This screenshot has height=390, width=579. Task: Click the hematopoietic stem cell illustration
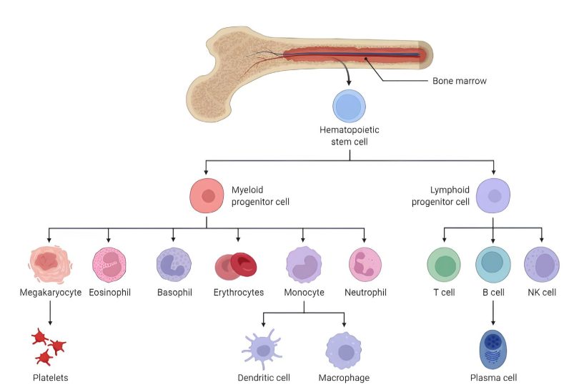click(x=349, y=107)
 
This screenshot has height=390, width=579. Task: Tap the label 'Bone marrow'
click(x=459, y=81)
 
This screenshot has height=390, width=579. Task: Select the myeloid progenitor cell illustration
click(x=207, y=195)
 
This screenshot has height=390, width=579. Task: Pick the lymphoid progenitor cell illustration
click(x=493, y=195)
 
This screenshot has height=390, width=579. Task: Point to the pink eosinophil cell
click(x=109, y=264)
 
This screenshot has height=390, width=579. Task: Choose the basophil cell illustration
click(x=174, y=264)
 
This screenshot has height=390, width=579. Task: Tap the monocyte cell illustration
click(x=304, y=263)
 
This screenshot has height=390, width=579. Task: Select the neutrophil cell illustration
click(x=365, y=264)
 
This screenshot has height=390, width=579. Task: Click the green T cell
click(x=445, y=264)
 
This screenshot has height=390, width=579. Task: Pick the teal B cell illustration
click(x=493, y=264)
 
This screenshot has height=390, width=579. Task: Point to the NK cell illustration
click(x=542, y=264)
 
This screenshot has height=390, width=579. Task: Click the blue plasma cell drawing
click(x=493, y=349)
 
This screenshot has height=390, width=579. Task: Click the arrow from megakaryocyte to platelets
click(x=49, y=312)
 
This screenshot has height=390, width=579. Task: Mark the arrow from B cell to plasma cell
click(x=493, y=312)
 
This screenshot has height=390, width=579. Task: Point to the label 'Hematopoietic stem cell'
click(x=349, y=136)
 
